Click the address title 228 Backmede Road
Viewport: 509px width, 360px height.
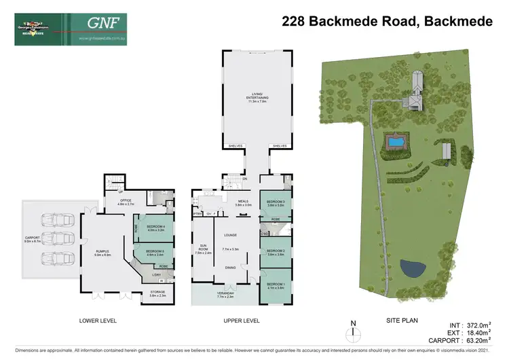pos(387,22)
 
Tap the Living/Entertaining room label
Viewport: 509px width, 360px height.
pos(258,98)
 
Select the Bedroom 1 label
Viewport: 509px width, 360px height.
pos(276,285)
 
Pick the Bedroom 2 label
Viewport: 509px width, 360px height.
pos(276,253)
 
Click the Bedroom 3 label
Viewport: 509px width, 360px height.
pos(276,204)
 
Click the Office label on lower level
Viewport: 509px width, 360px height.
pos(126,201)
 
